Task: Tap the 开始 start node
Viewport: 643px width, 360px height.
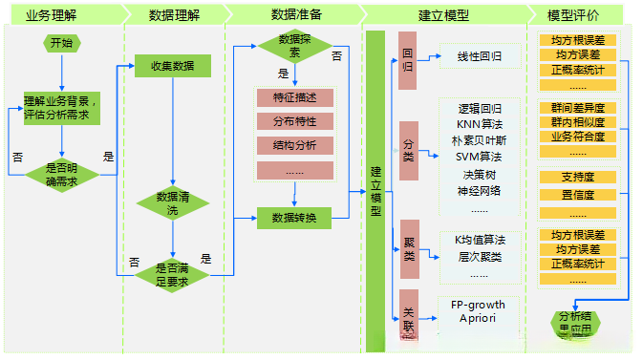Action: coord(60,43)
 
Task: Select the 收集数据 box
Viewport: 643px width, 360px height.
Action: coord(171,66)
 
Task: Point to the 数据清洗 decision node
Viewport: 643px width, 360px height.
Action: coord(172,202)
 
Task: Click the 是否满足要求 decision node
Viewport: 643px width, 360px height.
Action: coord(172,274)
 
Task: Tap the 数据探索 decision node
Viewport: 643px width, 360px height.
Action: coord(294,46)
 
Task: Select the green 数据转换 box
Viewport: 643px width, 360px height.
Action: coord(294,218)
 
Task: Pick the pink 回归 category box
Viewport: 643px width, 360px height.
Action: coord(408,60)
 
